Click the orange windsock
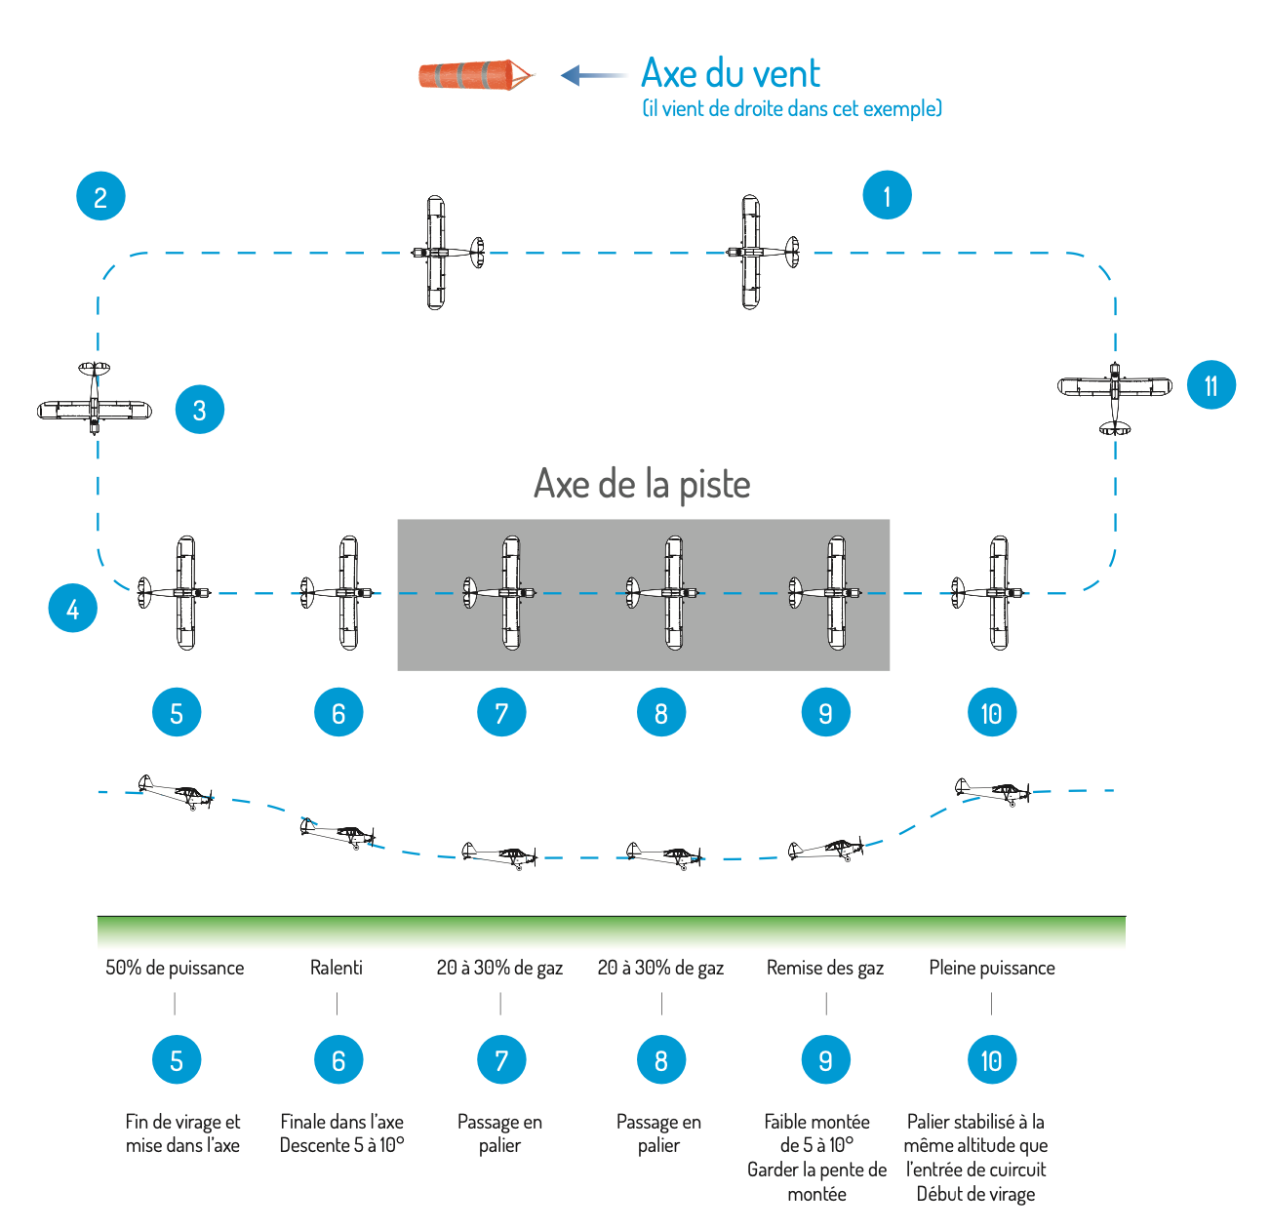click(476, 74)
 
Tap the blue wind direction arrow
click(593, 75)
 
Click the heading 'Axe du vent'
click(730, 72)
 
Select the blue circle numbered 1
click(887, 195)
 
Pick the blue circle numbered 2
click(100, 196)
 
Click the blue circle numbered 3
click(199, 409)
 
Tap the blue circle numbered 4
click(72, 608)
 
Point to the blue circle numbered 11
click(1211, 384)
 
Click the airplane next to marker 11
click(1114, 397)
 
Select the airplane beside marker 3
click(94, 397)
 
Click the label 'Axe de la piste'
click(642, 484)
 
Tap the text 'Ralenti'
click(336, 967)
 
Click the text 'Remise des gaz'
click(824, 967)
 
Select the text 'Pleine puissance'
click(991, 967)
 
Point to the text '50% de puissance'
click(175, 967)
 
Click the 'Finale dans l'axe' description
click(341, 1121)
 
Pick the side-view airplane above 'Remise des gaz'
click(825, 849)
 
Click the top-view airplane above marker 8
click(661, 592)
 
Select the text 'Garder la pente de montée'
click(816, 1181)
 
